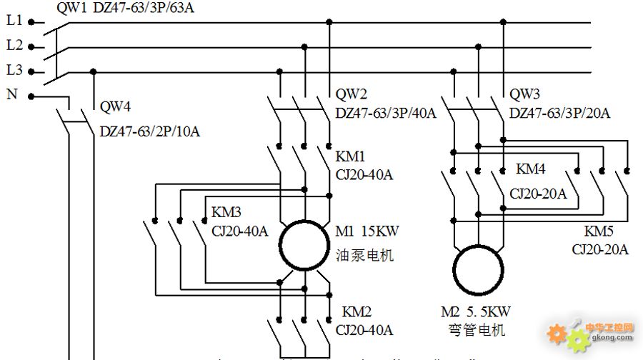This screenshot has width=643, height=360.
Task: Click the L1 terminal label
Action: [14, 20]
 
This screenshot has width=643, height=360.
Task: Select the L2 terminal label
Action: [14, 45]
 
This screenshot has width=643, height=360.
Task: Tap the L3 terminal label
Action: [14, 70]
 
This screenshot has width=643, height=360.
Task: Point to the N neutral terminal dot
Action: [31, 96]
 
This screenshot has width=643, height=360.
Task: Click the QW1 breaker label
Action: [71, 7]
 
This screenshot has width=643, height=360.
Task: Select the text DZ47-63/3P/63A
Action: [144, 7]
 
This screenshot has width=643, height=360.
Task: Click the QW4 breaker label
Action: [115, 106]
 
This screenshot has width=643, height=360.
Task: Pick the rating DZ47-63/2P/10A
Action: [150, 131]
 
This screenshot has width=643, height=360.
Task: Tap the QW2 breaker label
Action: [351, 94]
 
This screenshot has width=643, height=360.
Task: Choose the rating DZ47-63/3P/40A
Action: [386, 113]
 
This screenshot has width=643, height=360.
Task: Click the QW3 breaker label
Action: [524, 94]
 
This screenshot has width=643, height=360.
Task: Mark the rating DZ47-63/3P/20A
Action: [559, 113]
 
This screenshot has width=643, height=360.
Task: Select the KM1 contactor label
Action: [350, 156]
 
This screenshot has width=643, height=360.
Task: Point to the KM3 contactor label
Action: [226, 212]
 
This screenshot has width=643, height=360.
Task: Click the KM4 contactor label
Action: [531, 169]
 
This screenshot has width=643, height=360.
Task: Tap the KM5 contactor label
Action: [599, 231]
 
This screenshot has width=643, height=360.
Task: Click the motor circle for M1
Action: [304, 221]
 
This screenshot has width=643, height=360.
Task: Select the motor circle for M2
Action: [478, 245]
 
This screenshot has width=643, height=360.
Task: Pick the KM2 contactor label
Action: [357, 311]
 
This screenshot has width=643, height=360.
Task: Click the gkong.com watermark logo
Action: [591, 334]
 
